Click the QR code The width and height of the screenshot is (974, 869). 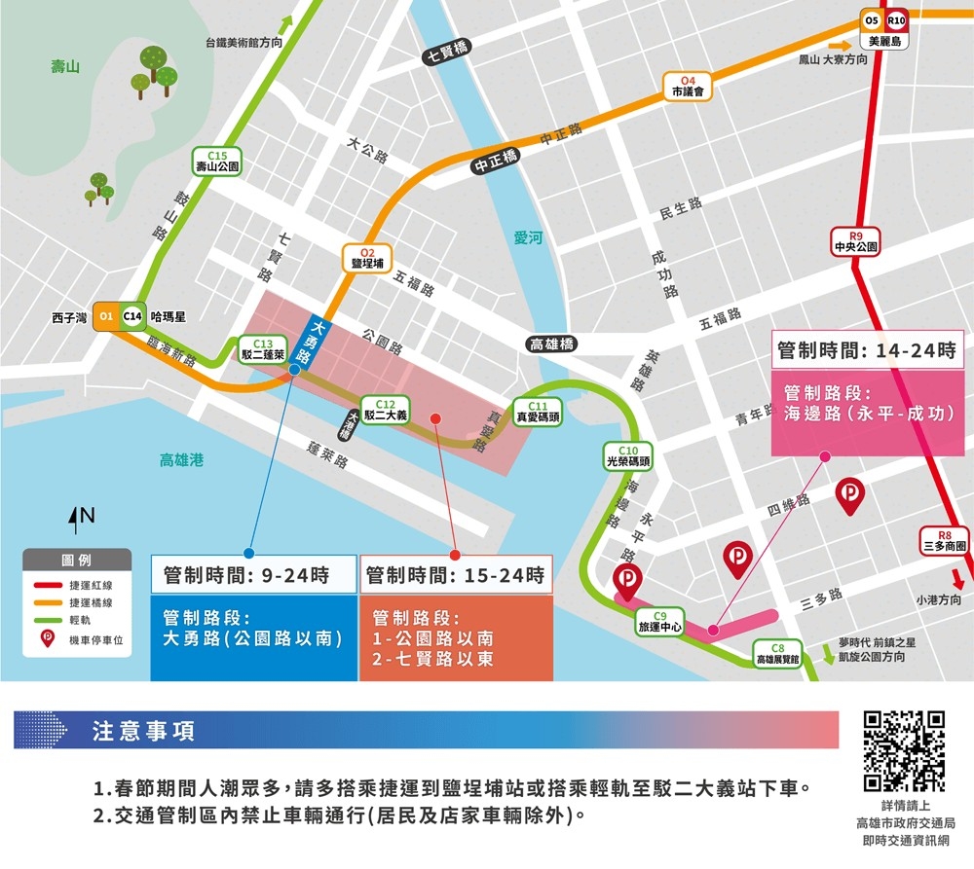click(x=904, y=750)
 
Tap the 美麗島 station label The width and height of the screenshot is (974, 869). click(x=884, y=42)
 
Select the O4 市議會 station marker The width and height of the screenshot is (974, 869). click(x=688, y=86)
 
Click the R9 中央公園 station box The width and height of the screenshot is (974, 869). click(x=856, y=241)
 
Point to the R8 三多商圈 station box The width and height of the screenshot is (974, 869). click(x=945, y=541)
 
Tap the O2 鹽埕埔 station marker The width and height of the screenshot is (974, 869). click(x=366, y=258)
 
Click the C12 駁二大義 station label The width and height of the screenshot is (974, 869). click(x=385, y=410)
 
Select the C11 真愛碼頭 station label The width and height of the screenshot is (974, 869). click(x=539, y=411)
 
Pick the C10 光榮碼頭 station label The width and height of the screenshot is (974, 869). click(x=628, y=456)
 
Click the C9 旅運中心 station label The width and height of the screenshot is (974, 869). click(x=659, y=621)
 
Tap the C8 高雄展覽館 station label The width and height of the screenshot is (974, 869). click(x=777, y=654)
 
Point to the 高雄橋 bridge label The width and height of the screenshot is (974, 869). click(x=551, y=344)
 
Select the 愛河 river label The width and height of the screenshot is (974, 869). click(x=528, y=237)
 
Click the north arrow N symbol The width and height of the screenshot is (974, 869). click(x=81, y=520)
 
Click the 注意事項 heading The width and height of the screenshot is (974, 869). click(x=142, y=731)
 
